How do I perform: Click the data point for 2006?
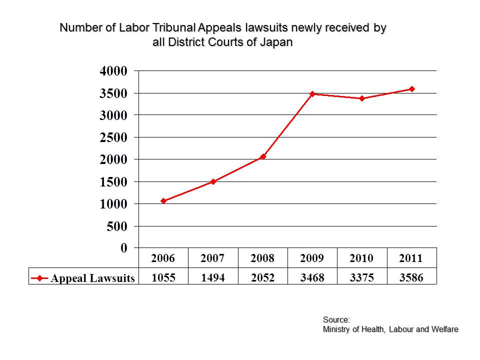point(163,201)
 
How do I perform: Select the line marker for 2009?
point(312,94)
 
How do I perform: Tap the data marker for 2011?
point(412,89)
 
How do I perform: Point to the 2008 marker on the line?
point(263,157)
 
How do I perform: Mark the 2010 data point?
point(362,98)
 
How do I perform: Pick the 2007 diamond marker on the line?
point(213,181)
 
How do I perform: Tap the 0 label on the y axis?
point(124,248)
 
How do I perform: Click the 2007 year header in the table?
point(213,258)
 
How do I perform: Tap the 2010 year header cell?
point(362,258)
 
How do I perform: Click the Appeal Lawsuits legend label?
point(92,278)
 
